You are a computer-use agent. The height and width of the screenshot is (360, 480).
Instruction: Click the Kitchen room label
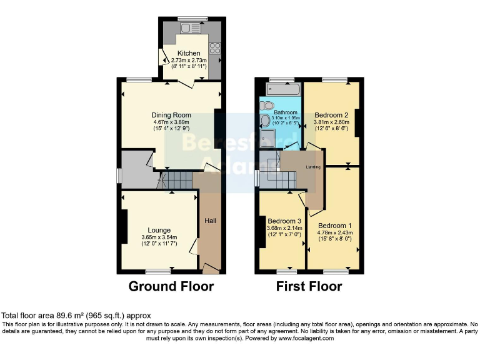click(189, 53)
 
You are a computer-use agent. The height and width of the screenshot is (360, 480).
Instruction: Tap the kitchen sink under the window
click(189, 28)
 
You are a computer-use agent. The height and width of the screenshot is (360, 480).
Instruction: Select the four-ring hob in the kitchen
click(215, 47)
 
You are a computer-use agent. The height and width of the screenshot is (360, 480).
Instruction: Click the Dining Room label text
click(171, 115)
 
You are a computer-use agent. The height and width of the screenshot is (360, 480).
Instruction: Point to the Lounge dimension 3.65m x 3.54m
click(159, 237)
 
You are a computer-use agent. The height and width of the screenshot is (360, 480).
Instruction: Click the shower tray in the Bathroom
click(268, 137)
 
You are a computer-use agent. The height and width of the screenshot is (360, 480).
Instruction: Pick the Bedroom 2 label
click(331, 115)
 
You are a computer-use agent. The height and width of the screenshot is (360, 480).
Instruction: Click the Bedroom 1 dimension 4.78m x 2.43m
click(334, 233)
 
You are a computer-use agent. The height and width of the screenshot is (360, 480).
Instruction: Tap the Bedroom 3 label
click(284, 221)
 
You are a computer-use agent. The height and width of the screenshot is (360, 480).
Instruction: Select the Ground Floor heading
click(171, 287)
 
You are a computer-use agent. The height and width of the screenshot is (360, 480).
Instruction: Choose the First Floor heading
click(309, 287)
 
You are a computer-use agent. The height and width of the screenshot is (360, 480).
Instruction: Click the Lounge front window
click(158, 272)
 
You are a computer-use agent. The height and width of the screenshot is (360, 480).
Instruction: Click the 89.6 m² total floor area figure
click(61, 316)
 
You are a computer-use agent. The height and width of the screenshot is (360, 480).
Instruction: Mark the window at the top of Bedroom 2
click(336, 80)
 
